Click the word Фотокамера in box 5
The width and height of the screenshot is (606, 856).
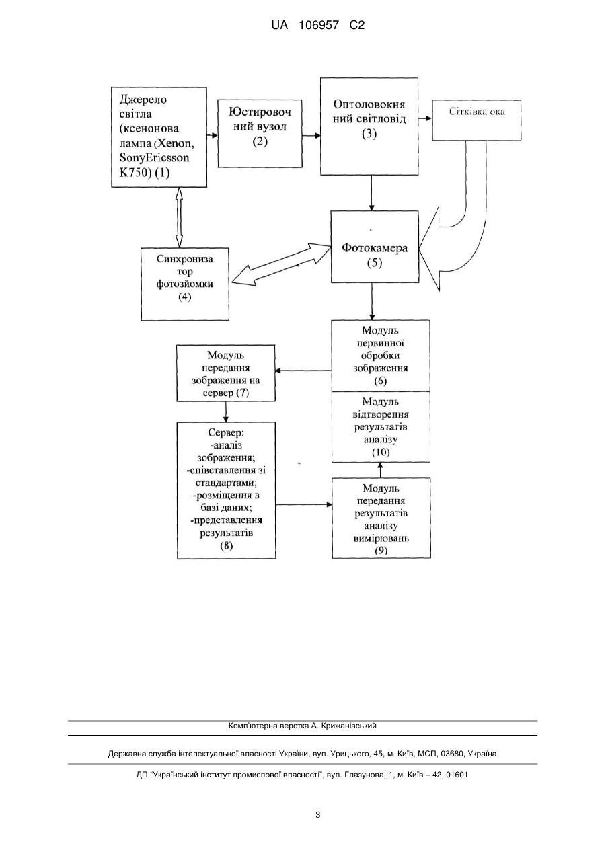click(375, 248)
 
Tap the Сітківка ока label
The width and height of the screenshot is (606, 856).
click(477, 112)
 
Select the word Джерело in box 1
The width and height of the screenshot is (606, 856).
click(143, 100)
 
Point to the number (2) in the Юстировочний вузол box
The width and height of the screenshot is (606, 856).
click(260, 141)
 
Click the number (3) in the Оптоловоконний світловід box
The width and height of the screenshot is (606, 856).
click(369, 133)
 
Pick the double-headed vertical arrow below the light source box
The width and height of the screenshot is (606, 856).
click(179, 217)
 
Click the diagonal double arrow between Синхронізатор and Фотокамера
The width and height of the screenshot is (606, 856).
click(282, 264)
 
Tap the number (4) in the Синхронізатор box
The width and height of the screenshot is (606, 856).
click(185, 297)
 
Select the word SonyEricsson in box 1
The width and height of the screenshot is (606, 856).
click(155, 158)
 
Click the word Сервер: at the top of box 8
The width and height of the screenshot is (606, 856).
click(226, 432)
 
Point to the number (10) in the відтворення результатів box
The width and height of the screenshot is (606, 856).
click(381, 452)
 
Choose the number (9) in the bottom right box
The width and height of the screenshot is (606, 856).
click(381, 550)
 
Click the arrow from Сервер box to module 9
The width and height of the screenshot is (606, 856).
click(303, 504)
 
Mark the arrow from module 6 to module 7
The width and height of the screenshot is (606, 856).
click(303, 371)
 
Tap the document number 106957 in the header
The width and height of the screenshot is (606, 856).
click(319, 26)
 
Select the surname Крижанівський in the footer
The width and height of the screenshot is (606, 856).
click(349, 726)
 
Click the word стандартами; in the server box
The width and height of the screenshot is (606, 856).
click(226, 483)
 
